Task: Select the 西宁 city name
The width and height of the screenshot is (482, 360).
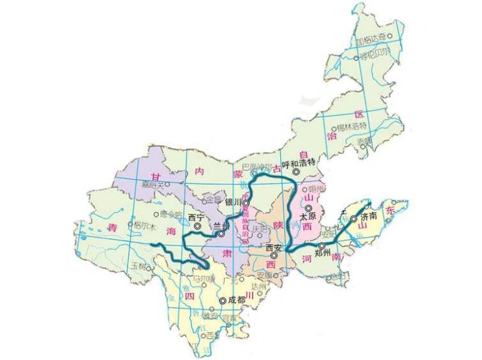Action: coord(196,217)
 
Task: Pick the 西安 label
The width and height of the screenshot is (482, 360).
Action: coord(274,248)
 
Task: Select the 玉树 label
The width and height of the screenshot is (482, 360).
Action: coord(137,265)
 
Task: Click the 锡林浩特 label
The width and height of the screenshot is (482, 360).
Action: coord(352,127)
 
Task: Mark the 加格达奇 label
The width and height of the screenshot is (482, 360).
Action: coord(375,36)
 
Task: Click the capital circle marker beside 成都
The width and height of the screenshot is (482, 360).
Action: coord(223,301)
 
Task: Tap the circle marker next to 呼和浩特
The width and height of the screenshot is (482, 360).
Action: coord(297,172)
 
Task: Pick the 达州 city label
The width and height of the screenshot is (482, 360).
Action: coord(258,287)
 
